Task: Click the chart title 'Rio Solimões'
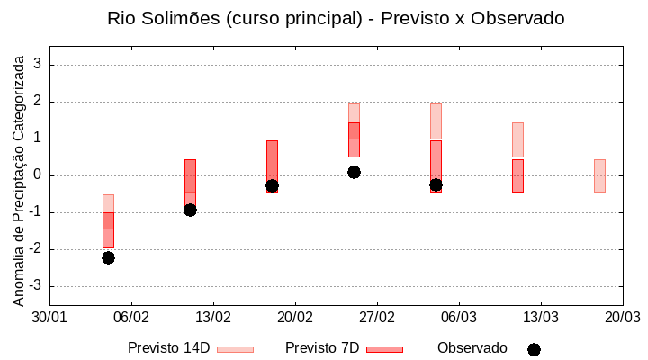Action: tap(336, 18)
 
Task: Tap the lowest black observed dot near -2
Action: tap(108, 257)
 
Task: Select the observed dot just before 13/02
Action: tap(190, 210)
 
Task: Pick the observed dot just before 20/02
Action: tap(272, 185)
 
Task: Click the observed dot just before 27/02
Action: tap(354, 172)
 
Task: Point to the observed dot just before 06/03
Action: tap(436, 184)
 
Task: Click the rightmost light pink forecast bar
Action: tap(599, 175)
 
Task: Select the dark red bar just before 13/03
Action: tap(517, 175)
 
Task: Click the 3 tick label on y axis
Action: tap(39, 65)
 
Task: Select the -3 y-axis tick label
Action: tap(37, 286)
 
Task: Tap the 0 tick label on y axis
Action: tap(39, 175)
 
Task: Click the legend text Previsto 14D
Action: tap(169, 348)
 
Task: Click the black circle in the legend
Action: tap(534, 349)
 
